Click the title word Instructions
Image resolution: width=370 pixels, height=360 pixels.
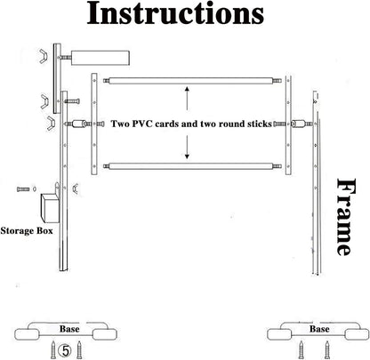click(175, 13)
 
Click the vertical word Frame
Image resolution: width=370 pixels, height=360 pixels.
click(346, 217)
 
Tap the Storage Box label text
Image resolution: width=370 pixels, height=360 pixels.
click(27, 231)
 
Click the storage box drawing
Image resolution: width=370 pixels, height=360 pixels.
click(50, 208)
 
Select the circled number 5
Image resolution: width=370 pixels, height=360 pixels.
click(65, 351)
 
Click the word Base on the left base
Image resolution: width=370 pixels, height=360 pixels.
click(69, 329)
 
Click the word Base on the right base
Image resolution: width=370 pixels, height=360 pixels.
click(319, 329)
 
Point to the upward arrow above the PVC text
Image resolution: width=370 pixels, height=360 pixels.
click(187, 99)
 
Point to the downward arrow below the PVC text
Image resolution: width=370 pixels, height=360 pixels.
click(187, 147)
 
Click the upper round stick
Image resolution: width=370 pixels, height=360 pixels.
click(192, 81)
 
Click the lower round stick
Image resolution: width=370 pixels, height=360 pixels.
click(192, 166)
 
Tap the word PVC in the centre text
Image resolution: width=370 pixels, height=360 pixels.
click(142, 124)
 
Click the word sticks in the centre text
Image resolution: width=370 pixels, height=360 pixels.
click(260, 124)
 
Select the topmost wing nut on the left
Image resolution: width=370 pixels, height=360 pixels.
click(44, 56)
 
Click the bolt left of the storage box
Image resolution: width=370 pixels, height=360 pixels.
click(23, 189)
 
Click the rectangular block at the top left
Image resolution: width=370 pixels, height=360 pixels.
click(101, 58)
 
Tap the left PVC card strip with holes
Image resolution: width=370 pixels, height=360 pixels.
click(94, 124)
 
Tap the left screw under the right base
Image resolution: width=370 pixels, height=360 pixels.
click(302, 349)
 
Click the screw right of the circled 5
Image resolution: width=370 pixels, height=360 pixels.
click(79, 349)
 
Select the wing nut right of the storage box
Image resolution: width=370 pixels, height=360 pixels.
click(76, 188)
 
